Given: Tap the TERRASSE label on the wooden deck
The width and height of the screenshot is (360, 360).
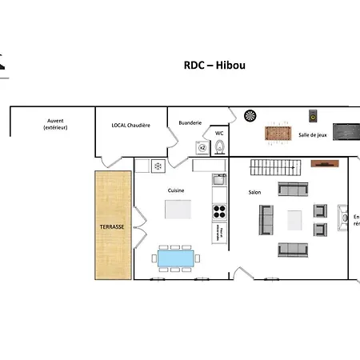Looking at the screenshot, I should coord(112,227).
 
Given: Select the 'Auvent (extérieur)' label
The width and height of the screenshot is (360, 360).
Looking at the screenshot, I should coord(56,124).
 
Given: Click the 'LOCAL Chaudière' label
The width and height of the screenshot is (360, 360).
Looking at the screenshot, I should coord(130,126).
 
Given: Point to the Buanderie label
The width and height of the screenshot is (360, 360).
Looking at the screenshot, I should coord(190,122).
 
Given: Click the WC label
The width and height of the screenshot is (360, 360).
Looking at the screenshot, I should coord(219,133).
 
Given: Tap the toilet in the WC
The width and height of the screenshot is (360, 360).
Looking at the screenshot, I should coord(221,146).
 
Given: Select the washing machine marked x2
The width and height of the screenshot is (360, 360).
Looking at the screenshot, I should coord(202,147).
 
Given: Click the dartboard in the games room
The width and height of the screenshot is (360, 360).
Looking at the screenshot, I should coord(250,117).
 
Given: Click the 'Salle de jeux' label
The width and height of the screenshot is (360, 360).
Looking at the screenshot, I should coord(313,136).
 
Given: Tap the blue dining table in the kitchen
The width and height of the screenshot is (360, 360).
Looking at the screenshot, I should coord(175,258).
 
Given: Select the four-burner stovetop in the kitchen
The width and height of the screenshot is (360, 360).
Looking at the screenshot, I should coord(219,212).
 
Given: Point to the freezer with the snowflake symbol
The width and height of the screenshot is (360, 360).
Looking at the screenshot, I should coord(158,166).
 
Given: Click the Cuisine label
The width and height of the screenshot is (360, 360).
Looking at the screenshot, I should coord(176,190).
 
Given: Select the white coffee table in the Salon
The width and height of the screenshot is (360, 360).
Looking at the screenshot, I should coord(294,219).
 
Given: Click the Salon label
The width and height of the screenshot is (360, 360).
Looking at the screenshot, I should coord(254,192).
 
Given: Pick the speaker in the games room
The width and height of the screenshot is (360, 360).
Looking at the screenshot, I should coord(313,117).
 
